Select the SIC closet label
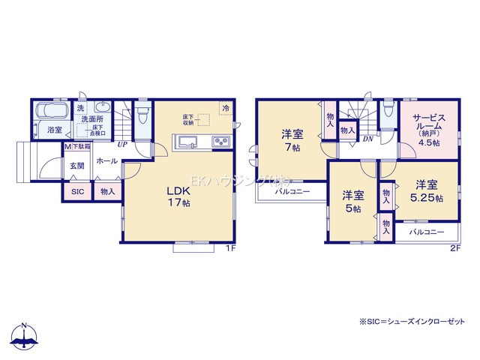77,192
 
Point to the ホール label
106,161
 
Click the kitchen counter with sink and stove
200,142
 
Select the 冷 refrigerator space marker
225,107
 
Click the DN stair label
369,139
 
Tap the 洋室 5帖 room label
353,201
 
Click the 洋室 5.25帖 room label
425,190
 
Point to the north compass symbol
25,337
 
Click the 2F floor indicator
454,248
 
